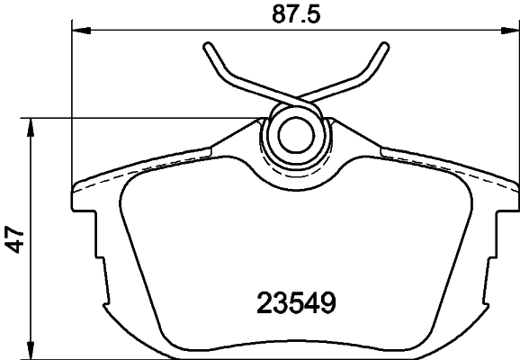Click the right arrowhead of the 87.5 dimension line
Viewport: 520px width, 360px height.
point(510,33)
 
